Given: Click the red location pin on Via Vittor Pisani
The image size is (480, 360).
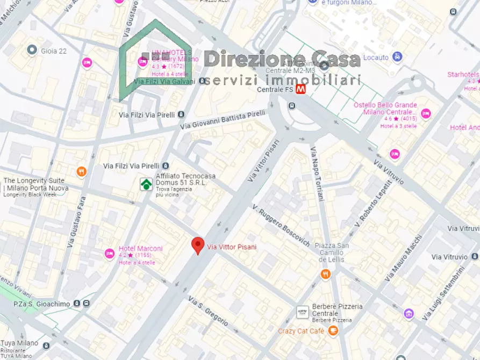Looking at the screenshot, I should (x=198, y=246).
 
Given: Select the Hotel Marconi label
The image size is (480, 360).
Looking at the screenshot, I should (x=140, y=249).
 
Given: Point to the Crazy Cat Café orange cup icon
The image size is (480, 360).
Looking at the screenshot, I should (x=333, y=331).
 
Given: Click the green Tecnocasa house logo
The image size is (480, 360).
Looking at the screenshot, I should (x=146, y=184).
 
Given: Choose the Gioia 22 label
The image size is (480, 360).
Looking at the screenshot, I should (x=54, y=51).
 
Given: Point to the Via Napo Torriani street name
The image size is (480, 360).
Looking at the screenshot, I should (x=317, y=173).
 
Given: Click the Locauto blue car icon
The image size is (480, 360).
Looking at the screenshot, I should (x=397, y=56).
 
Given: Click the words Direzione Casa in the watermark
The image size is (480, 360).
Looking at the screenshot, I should (x=282, y=59).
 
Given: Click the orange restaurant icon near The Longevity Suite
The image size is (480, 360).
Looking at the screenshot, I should (x=82, y=172).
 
